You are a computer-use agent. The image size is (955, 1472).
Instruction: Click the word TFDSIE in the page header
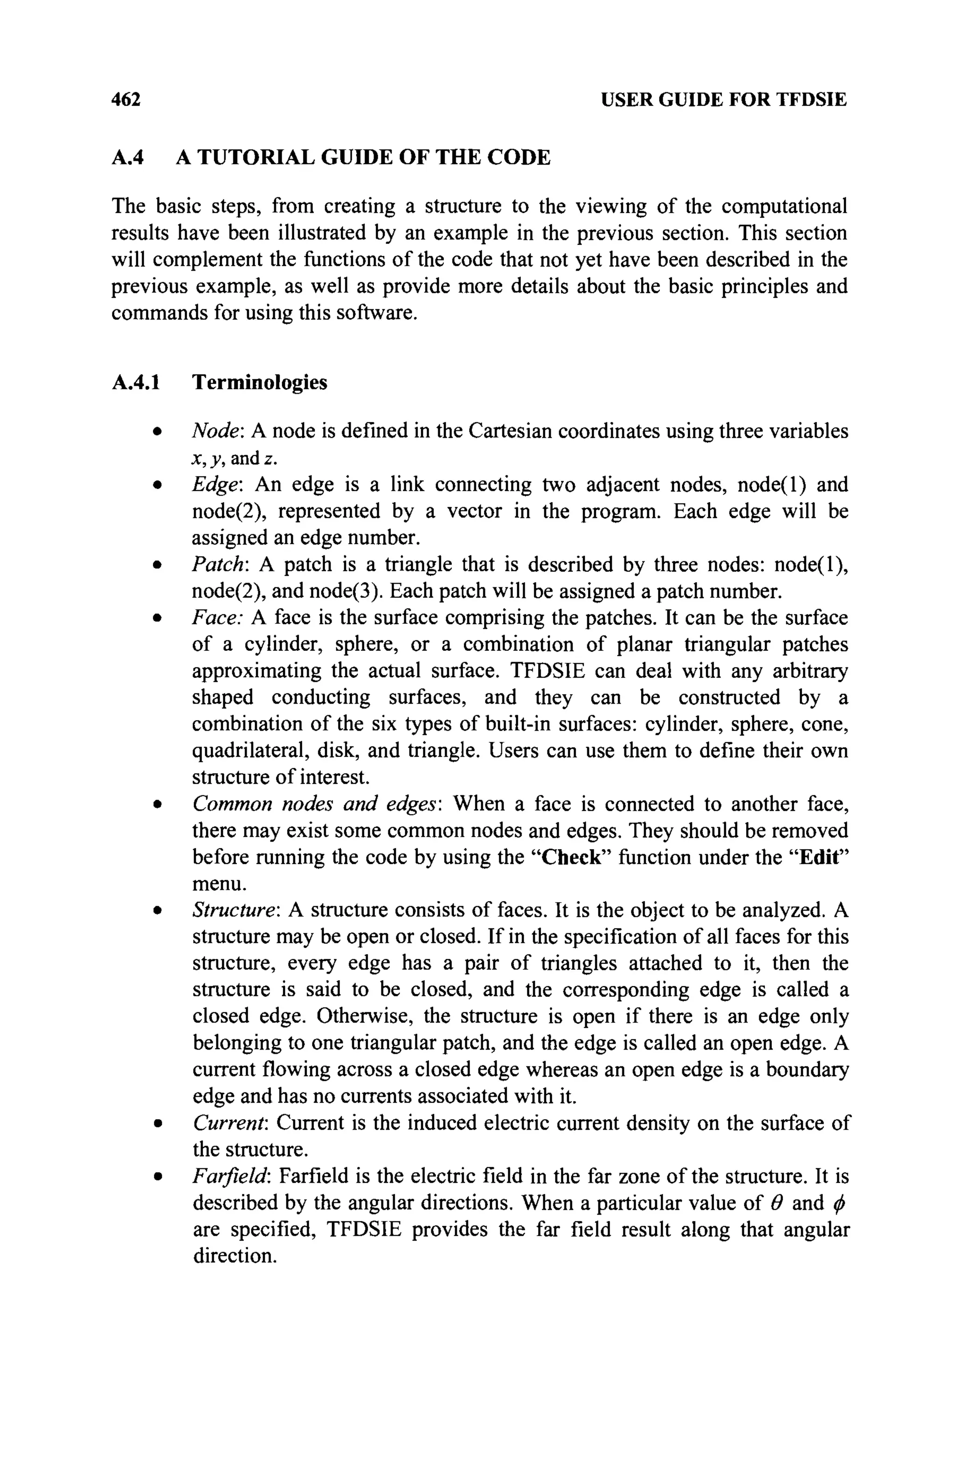(811, 99)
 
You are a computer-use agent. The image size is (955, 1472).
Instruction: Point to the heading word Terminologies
(259, 382)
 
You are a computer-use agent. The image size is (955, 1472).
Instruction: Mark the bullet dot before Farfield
(159, 1177)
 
